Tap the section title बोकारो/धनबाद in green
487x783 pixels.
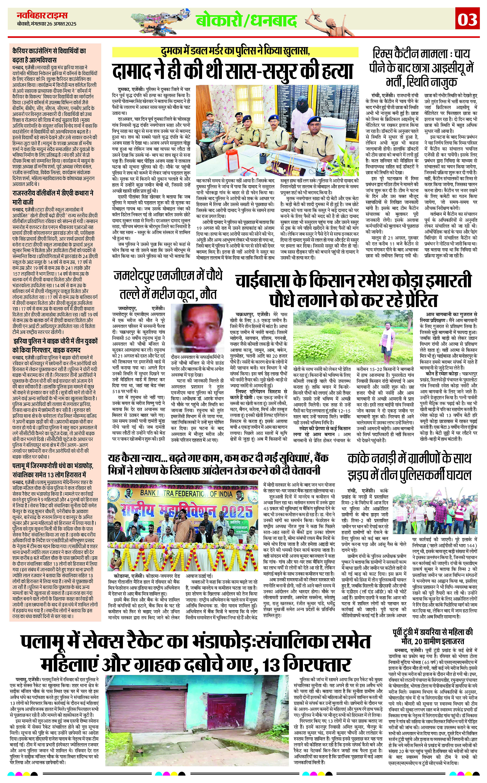click(246, 21)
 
